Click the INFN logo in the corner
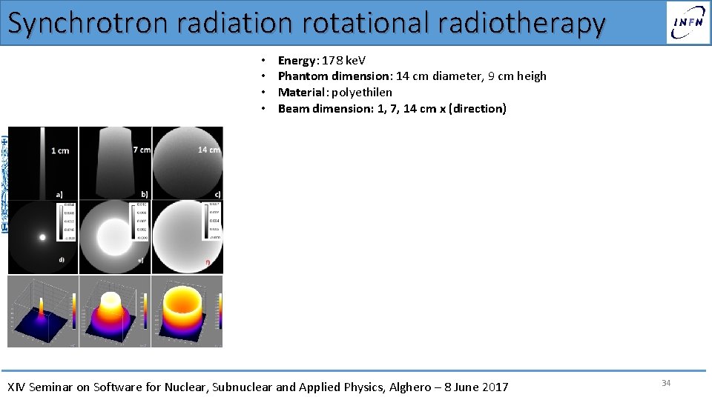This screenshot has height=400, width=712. click(x=688, y=22)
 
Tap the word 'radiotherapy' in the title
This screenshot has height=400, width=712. click(x=521, y=23)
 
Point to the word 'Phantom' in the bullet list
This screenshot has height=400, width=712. click(x=302, y=76)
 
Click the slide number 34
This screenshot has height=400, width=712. click(x=665, y=383)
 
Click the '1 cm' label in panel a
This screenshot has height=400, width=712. click(x=60, y=151)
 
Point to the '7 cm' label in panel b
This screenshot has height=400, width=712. click(x=141, y=150)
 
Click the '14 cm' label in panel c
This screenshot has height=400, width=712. click(x=208, y=150)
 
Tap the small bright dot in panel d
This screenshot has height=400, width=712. click(x=42, y=238)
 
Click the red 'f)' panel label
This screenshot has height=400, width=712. click(x=208, y=262)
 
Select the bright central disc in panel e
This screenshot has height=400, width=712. click(x=115, y=236)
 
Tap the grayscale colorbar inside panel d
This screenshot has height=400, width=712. click(x=62, y=222)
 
